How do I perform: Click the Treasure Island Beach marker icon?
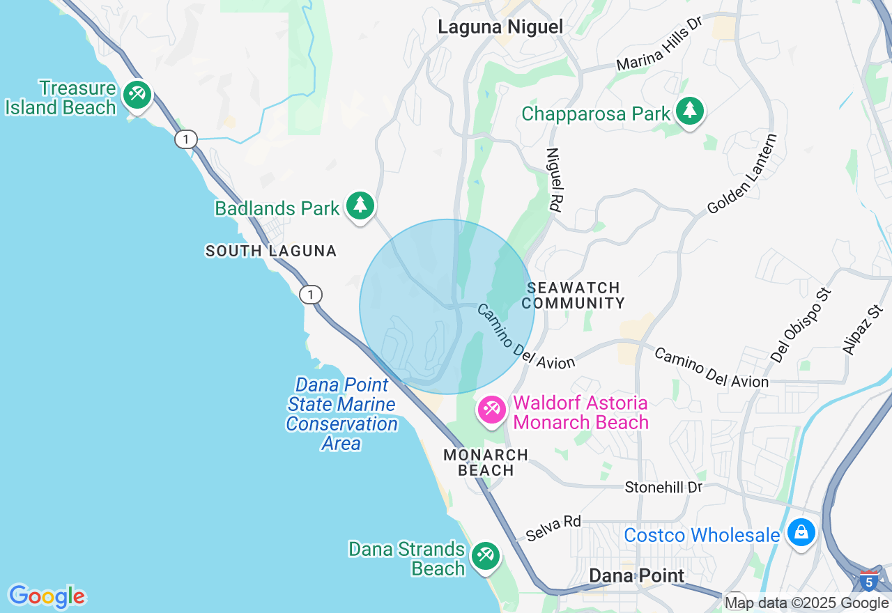click(137, 95)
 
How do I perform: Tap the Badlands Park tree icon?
click(360, 205)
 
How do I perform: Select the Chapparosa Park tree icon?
click(690, 111)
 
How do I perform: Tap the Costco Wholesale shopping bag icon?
click(801, 533)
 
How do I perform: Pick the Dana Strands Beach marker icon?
click(485, 556)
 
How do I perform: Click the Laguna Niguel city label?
click(500, 27)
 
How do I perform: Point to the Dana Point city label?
click(637, 575)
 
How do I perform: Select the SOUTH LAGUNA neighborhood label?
click(271, 251)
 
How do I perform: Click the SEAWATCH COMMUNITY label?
click(573, 295)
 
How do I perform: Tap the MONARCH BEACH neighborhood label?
click(486, 463)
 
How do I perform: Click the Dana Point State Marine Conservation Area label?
click(341, 414)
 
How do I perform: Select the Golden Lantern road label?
click(742, 174)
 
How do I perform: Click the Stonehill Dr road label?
click(663, 487)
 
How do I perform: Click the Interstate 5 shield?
click(869, 580)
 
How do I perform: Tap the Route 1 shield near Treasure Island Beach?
click(185, 139)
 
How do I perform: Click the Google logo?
click(47, 596)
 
